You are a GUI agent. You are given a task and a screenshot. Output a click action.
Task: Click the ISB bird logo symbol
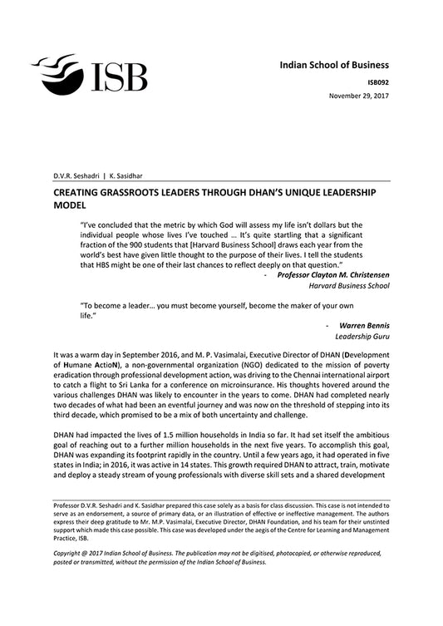tap(58, 70)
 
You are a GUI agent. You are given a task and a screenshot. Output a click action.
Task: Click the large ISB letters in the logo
tap(116, 75)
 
